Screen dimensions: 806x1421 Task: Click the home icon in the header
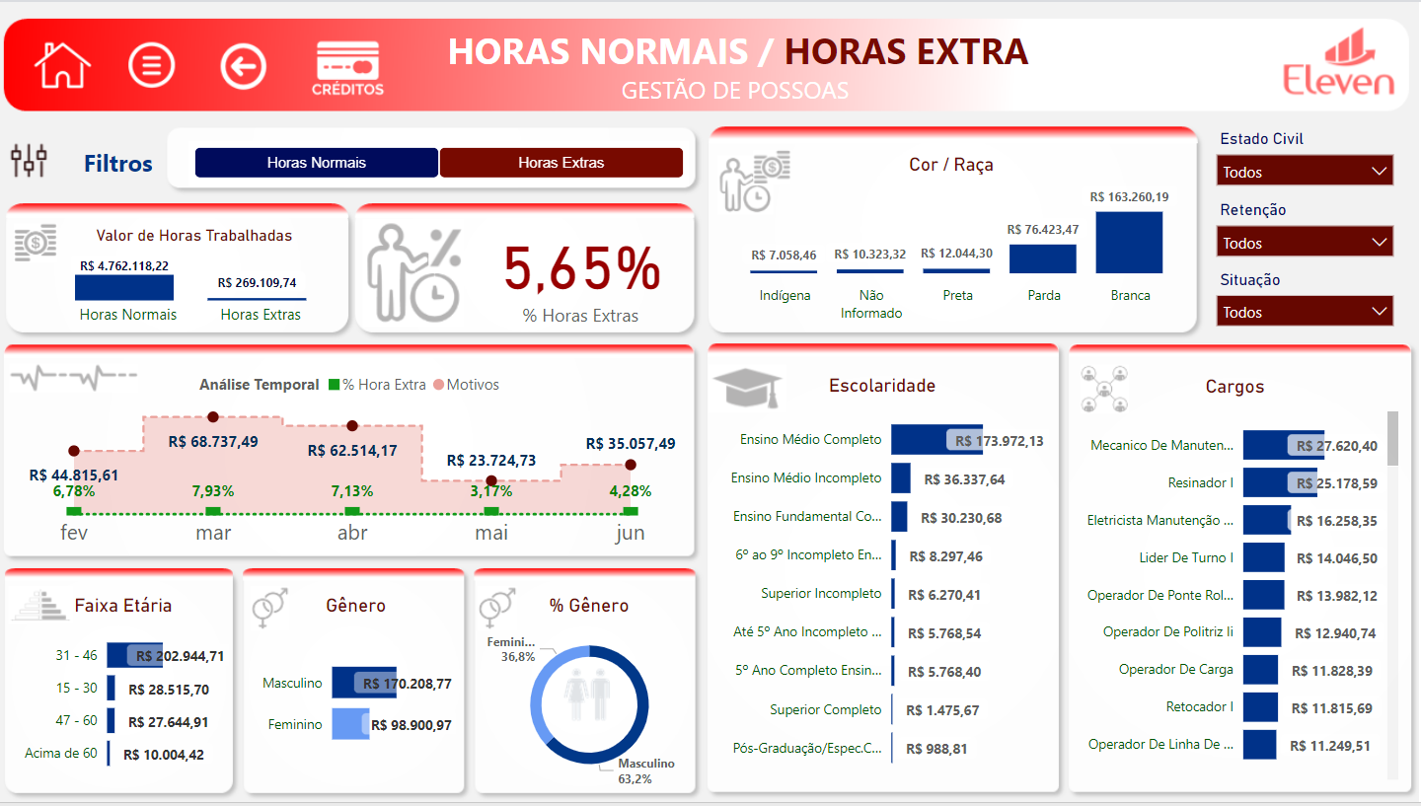point(62,66)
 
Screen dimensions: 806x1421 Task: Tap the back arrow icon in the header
point(244,66)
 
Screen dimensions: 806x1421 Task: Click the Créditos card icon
point(347,67)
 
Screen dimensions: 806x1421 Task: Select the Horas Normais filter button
point(316,163)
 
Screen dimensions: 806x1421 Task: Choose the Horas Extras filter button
point(561,163)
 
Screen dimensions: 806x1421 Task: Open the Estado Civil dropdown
point(1305,172)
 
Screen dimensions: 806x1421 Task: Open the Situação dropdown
point(1305,312)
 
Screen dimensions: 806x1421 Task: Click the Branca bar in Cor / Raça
point(1129,243)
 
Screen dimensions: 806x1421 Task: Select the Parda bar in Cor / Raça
point(1042,258)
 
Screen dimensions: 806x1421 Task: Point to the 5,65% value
point(581,268)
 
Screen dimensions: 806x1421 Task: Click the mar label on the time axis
point(213,534)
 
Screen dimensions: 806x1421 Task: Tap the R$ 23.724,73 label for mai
point(491,461)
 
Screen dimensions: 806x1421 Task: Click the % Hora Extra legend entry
point(378,385)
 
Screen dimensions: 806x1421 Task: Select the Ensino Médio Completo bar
point(935,440)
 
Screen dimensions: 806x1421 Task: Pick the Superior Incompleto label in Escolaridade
point(821,593)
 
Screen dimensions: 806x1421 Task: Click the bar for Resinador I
point(1279,482)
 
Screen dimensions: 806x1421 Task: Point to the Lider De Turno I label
point(1186,558)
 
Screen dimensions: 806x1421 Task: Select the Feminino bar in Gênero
point(349,724)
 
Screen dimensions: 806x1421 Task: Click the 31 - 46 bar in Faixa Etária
point(133,656)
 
